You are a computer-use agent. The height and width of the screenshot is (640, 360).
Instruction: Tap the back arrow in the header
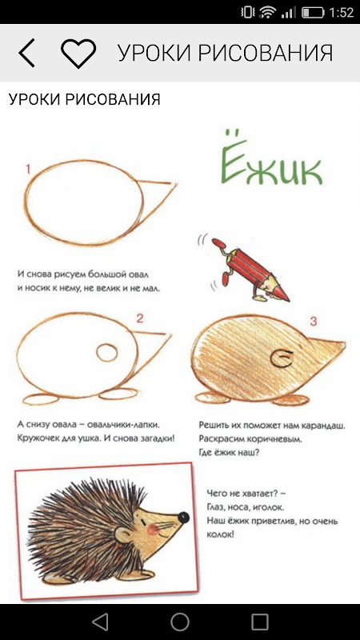(26, 53)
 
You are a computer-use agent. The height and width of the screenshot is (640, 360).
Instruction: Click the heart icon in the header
(78, 54)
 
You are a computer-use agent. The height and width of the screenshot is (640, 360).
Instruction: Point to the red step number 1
(28, 169)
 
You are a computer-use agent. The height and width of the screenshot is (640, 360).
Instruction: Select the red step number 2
(140, 318)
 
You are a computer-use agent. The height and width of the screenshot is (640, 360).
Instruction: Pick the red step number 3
(313, 322)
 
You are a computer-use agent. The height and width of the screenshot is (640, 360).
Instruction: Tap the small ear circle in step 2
(107, 353)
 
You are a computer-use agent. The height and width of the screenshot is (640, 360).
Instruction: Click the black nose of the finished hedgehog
(184, 518)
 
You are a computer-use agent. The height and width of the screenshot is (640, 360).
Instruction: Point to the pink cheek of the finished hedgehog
(153, 530)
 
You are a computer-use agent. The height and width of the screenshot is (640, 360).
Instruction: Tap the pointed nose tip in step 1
(176, 184)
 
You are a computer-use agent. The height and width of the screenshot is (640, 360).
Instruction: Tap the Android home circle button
(180, 622)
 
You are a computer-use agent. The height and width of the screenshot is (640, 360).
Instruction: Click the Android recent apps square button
(260, 622)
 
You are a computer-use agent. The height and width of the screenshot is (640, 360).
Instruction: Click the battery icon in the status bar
(313, 12)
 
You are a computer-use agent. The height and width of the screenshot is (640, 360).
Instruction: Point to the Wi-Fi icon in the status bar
(268, 12)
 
